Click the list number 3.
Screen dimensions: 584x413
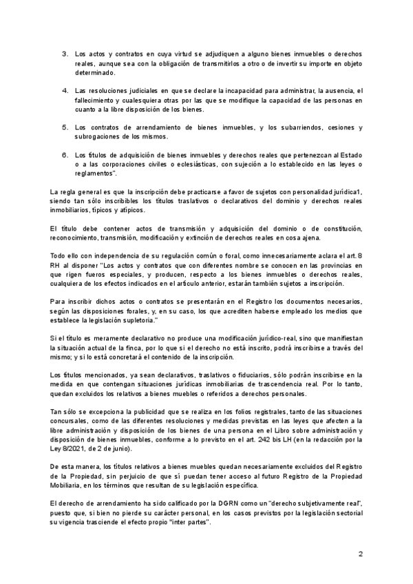[65, 54]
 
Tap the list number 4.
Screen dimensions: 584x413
[65, 91]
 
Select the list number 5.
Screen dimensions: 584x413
[65, 128]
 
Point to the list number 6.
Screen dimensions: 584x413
[65, 155]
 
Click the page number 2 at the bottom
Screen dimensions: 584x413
[360, 554]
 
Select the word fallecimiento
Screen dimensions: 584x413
[94, 101]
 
